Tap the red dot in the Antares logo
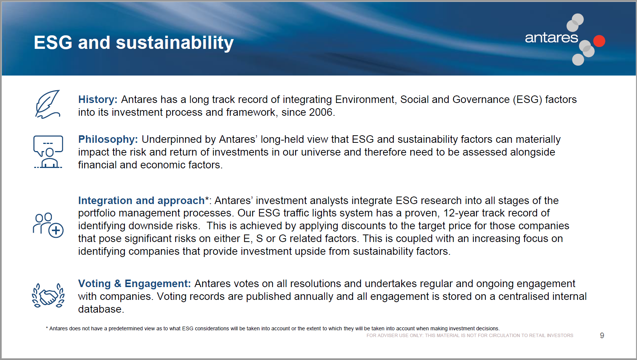[x=599, y=41]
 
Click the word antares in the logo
[x=551, y=38]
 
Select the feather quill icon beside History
[x=48, y=104]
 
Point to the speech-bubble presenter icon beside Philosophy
[x=48, y=152]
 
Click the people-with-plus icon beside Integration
[x=48, y=225]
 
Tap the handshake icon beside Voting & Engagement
[x=48, y=295]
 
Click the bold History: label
[x=98, y=100]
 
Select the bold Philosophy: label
[x=108, y=139]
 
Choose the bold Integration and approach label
[x=141, y=201]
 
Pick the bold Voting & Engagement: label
[x=135, y=284]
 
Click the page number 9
[x=602, y=336]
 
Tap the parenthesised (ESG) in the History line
[x=528, y=100]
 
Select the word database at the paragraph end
[x=101, y=309]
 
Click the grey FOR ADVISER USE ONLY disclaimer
[x=470, y=336]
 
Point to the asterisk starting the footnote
[x=47, y=328]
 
